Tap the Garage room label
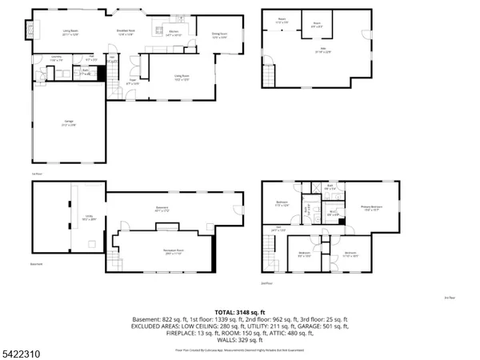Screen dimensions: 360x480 click(70, 122)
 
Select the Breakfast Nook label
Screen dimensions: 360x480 click(126, 34)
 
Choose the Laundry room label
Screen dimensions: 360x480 click(57, 58)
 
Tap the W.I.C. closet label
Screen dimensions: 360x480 click(334, 214)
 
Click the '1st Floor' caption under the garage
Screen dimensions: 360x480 click(35, 172)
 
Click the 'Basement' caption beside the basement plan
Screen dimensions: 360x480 click(36, 264)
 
